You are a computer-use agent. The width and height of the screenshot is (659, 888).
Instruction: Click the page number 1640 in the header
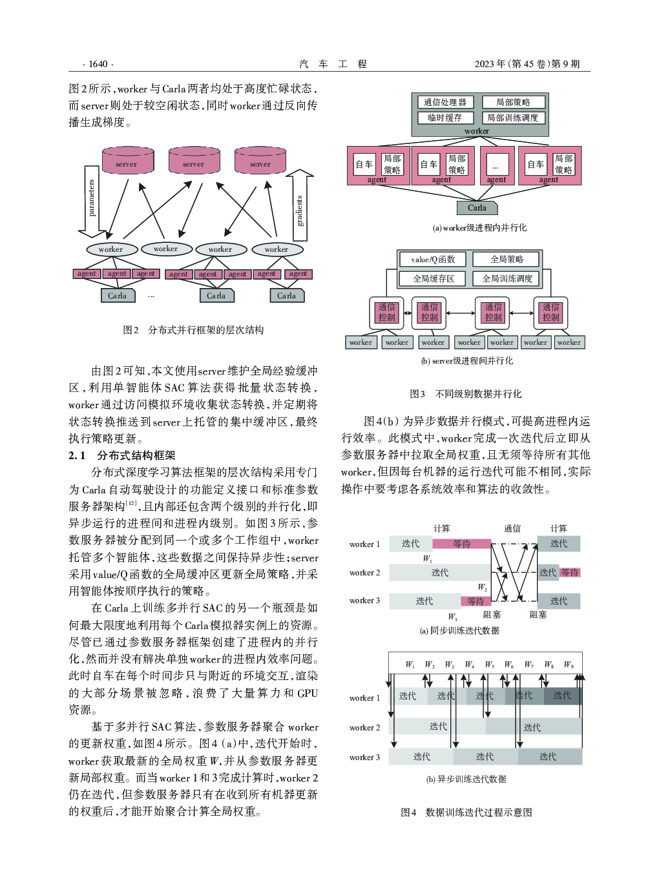(98, 64)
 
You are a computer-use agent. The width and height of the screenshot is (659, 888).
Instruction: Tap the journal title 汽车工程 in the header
(333, 64)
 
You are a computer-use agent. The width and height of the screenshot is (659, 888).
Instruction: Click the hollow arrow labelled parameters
(92, 201)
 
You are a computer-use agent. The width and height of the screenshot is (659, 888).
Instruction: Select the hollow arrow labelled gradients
(300, 205)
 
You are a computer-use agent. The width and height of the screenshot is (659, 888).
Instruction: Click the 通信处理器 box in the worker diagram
(445, 102)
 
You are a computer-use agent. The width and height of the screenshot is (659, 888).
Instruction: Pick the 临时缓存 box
(445, 118)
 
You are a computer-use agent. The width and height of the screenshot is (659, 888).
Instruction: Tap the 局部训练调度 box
(513, 118)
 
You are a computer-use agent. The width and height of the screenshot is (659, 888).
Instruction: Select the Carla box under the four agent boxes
(477, 207)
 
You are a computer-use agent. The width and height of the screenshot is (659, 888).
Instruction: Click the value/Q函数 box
(433, 260)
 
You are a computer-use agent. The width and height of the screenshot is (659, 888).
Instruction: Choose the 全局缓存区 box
(433, 278)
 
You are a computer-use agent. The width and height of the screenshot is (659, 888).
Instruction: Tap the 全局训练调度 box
(507, 278)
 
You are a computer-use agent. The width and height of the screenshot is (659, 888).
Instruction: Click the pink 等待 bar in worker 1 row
(461, 544)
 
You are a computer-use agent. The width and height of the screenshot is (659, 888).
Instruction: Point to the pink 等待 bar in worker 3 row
(476, 601)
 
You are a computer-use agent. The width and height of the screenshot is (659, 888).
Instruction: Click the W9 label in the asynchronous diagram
(569, 665)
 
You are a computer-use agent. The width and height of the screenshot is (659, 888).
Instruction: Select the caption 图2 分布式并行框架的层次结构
(193, 330)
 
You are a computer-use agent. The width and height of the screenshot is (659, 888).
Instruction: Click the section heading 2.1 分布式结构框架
(121, 455)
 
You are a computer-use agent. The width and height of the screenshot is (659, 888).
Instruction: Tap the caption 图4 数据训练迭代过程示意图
(466, 812)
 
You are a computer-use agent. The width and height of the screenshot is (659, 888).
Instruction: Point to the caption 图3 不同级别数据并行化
(466, 394)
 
